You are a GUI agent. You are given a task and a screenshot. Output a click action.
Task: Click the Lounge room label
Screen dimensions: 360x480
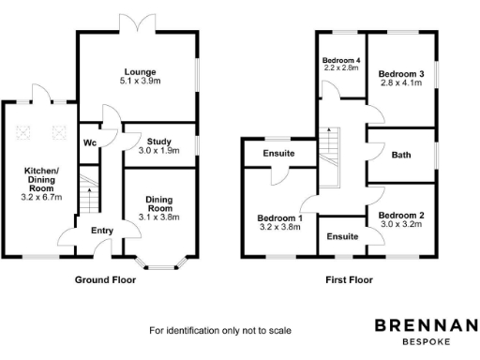(141, 71)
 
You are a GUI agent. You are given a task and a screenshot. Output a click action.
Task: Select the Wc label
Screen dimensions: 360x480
(89, 143)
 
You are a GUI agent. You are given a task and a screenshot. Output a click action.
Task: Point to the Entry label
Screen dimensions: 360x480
(101, 230)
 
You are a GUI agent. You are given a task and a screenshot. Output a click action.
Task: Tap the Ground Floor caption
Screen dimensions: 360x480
(105, 279)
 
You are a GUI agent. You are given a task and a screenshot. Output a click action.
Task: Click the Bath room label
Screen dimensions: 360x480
(402, 155)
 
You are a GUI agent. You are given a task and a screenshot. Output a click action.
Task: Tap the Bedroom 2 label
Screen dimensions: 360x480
(401, 216)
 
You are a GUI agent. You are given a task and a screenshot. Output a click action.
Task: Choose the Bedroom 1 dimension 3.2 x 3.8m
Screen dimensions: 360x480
(280, 228)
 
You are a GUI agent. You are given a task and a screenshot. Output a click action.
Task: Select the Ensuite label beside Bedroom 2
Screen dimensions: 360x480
(343, 236)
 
